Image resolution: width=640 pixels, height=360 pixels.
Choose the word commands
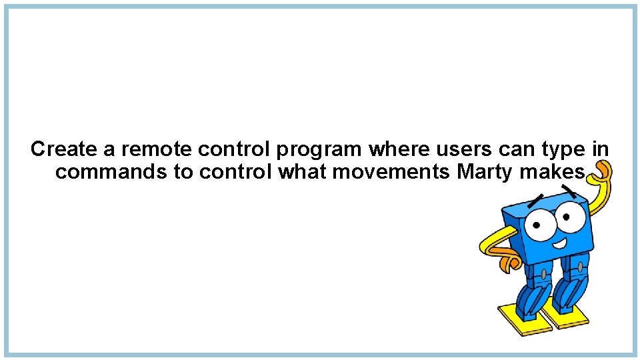click(110, 172)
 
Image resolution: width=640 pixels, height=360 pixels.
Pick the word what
click(301, 172)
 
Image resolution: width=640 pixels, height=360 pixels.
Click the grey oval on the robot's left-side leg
click(544, 273)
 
